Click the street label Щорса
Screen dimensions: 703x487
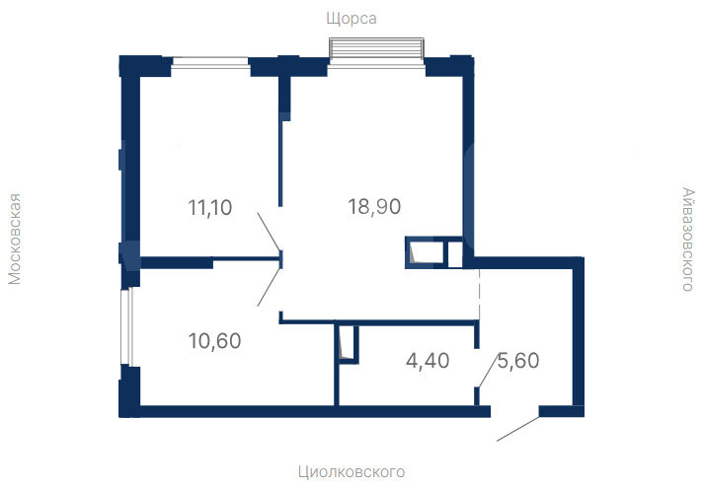pos(351,19)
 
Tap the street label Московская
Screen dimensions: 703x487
pos(15,239)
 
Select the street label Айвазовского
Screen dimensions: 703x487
pos(688,240)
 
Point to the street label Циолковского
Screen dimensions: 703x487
pos(351,472)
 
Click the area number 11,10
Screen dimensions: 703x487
pos(210,208)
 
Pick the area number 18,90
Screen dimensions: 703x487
pos(374,207)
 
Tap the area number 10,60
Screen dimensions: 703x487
pos(215,341)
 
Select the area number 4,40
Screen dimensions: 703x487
pos(428,361)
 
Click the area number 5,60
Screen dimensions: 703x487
pos(518,361)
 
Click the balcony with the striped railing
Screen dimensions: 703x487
pos(376,48)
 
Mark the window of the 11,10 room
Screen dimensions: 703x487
pos(210,63)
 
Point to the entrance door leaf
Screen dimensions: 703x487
pos(517,429)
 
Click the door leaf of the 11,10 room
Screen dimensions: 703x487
pos(269,232)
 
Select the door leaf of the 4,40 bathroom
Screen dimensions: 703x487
pos(488,370)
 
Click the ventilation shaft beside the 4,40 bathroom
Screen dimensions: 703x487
pos(347,344)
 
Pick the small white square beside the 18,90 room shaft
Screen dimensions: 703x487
pos(455,253)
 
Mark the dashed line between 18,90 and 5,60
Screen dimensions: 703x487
pos(479,295)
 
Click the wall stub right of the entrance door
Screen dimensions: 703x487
pos(562,411)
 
